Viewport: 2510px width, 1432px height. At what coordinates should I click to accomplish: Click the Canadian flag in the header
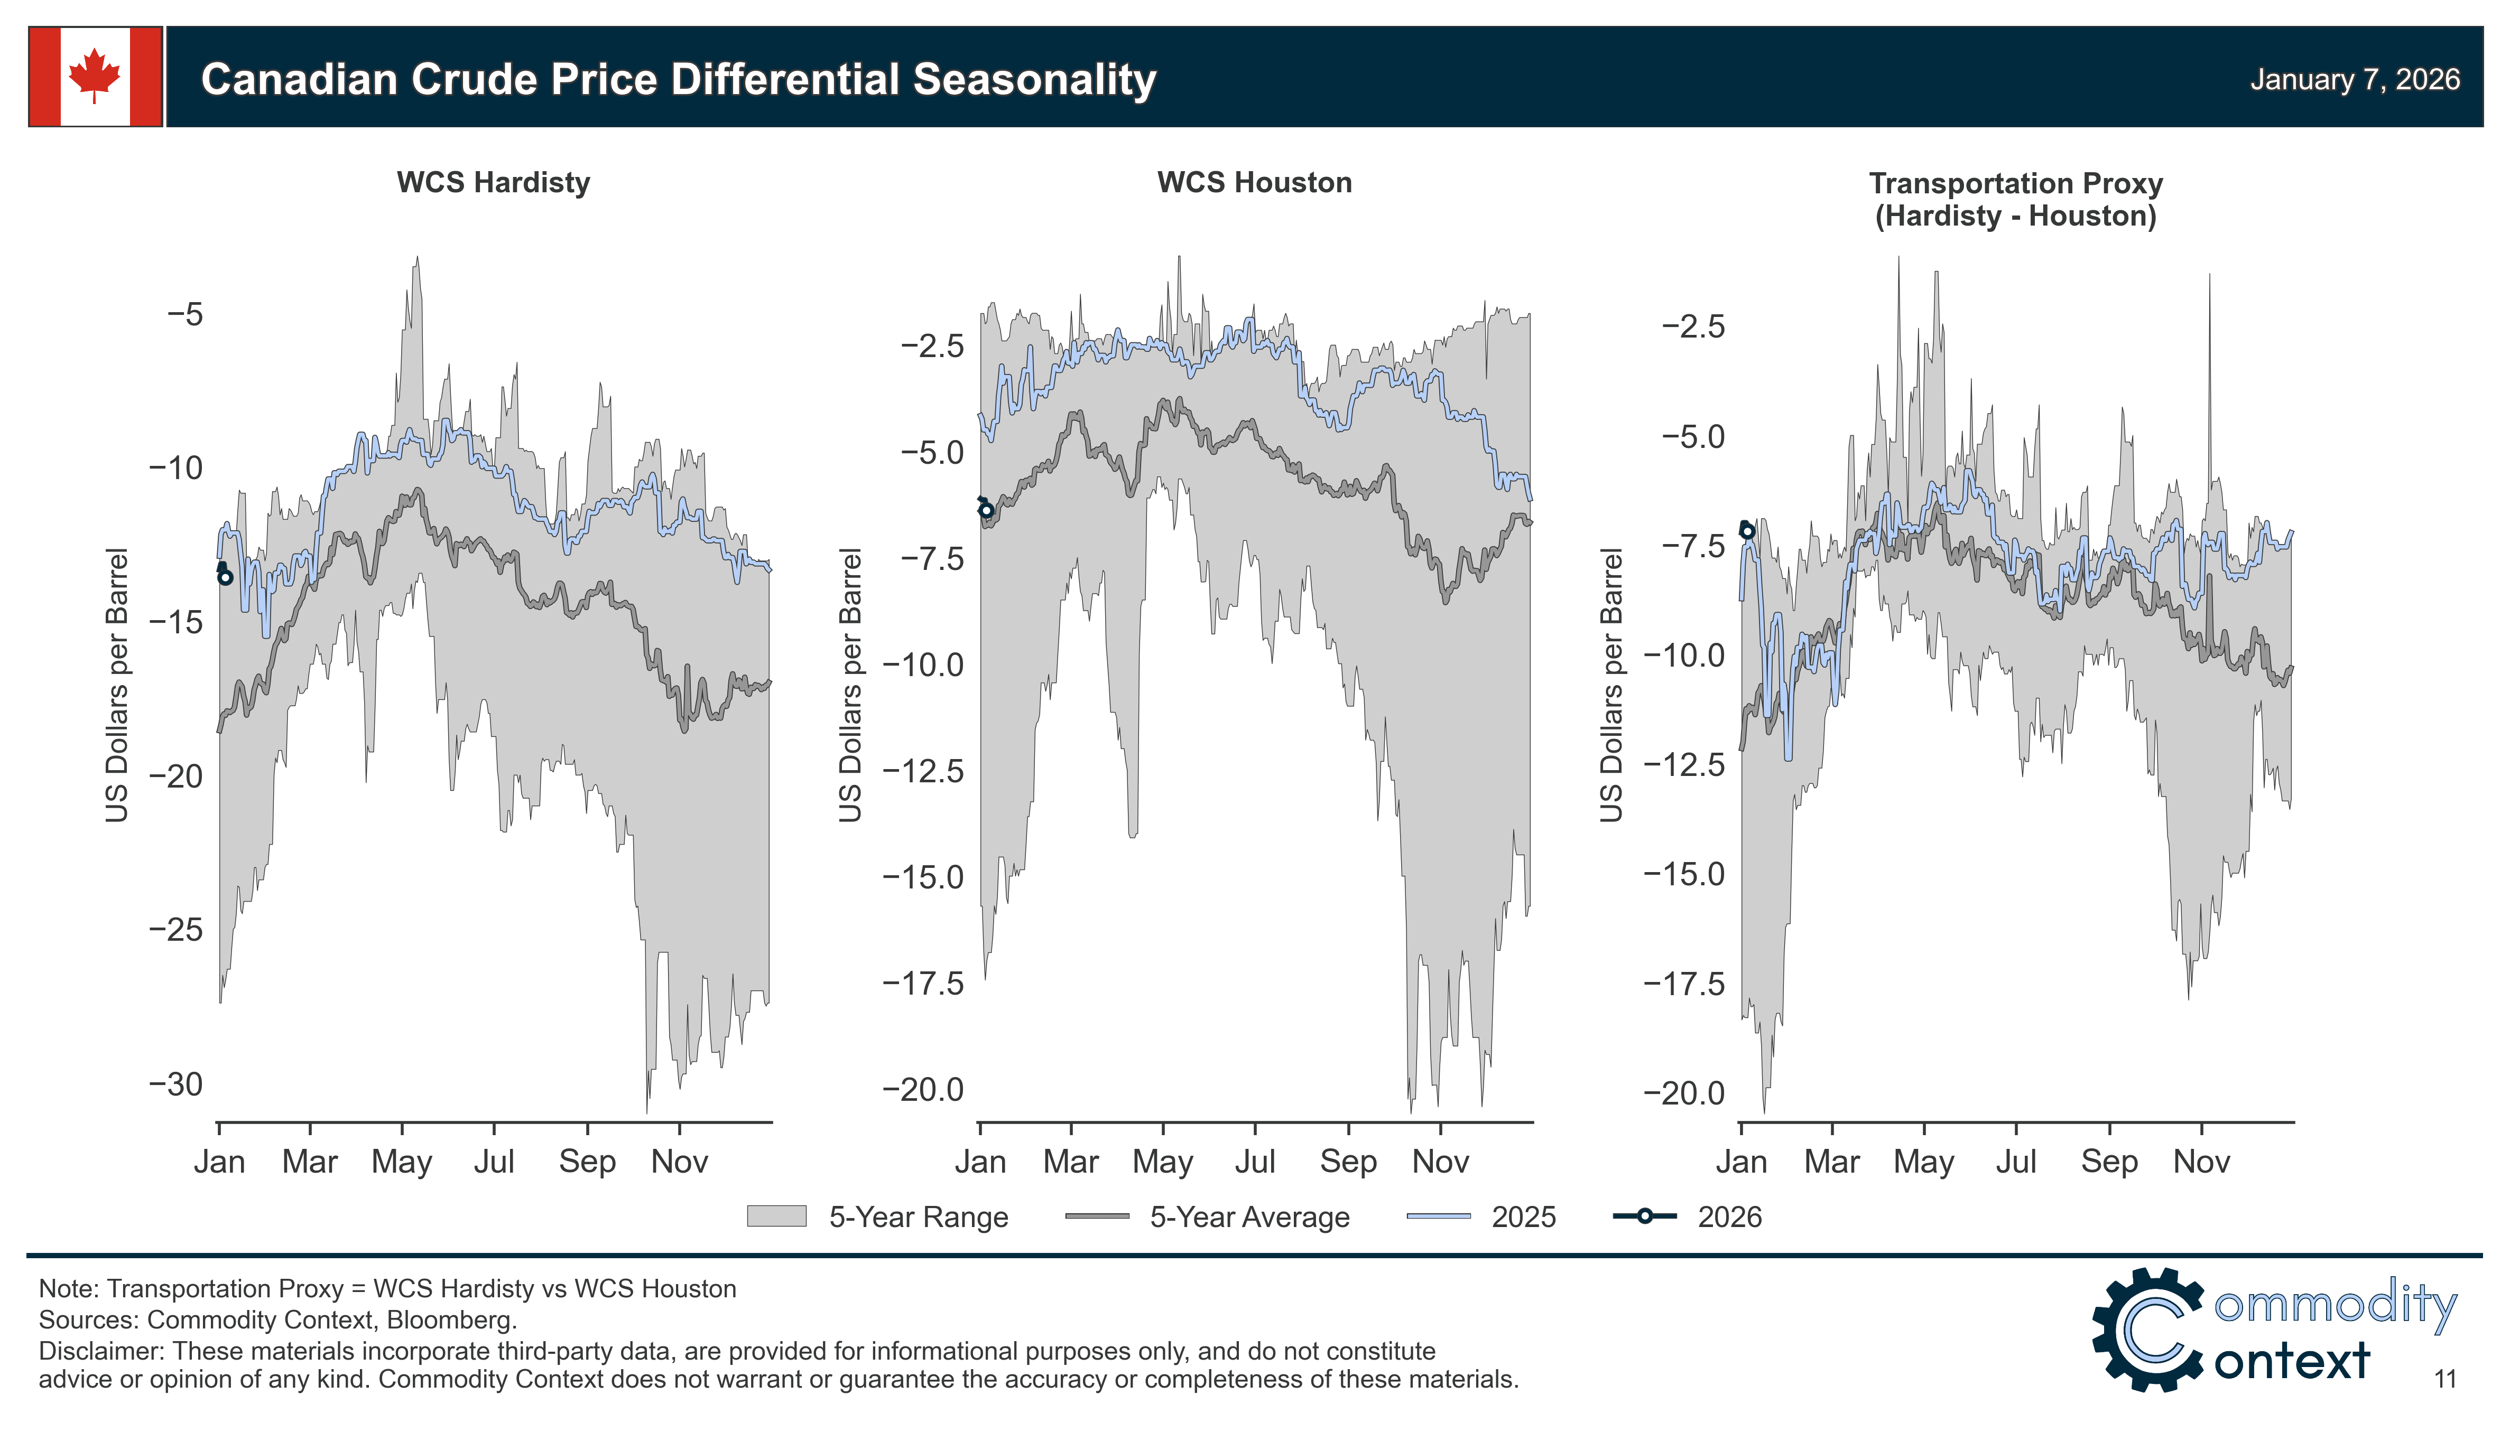[x=96, y=77]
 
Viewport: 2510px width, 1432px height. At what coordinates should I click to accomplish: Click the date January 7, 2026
[x=2355, y=80]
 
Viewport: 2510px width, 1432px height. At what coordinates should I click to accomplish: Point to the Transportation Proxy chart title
[x=2015, y=200]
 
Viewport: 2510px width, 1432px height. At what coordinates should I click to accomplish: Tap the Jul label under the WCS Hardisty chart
[x=494, y=1162]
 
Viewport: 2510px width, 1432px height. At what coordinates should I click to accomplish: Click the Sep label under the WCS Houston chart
[x=1348, y=1162]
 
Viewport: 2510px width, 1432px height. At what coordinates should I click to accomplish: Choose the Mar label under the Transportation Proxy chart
[x=1831, y=1162]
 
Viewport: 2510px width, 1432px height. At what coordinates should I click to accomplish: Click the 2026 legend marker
[x=1644, y=1216]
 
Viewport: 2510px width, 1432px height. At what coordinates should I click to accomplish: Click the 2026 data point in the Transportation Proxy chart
[x=1747, y=531]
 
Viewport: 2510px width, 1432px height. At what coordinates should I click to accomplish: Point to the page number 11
[x=2445, y=1380]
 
